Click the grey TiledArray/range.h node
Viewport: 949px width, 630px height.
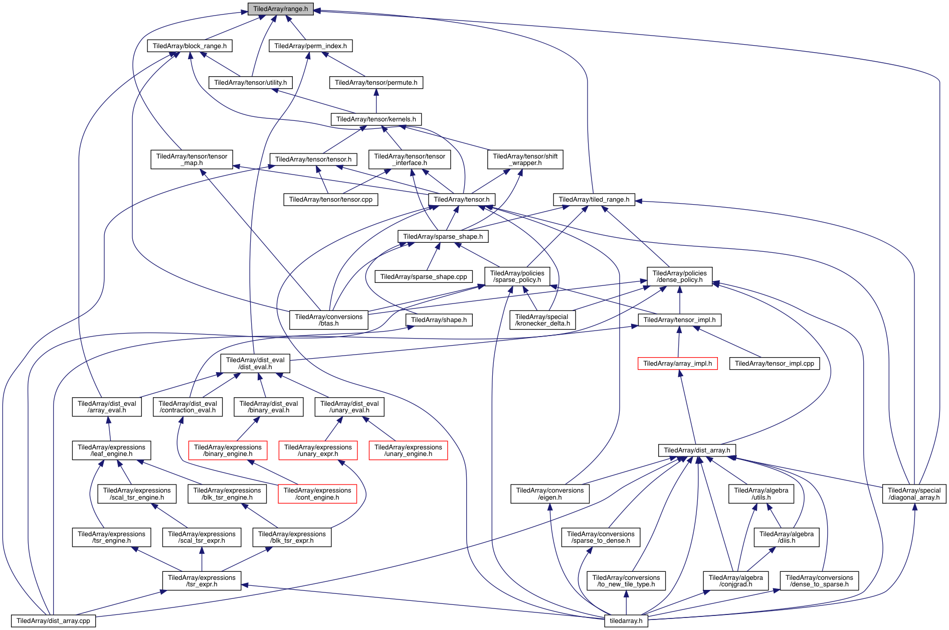pos(280,9)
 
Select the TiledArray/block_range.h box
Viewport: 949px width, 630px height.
pos(189,46)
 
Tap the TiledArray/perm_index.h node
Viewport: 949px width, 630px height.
pos(310,46)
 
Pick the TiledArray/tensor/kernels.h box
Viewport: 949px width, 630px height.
pos(376,119)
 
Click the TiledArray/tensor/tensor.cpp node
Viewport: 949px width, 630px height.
pos(331,200)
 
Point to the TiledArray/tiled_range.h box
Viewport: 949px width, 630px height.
pos(594,200)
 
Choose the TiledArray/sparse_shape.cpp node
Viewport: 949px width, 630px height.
pos(424,277)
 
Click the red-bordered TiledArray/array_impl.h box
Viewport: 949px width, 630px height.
pos(677,364)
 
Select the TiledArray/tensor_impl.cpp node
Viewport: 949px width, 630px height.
pos(775,364)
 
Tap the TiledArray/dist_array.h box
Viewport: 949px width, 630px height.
pos(697,450)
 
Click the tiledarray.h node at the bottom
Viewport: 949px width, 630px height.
pos(626,621)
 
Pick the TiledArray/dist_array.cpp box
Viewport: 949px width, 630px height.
pos(53,621)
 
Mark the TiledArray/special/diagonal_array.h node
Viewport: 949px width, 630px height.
pos(914,494)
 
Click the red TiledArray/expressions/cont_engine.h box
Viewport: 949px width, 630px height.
pos(317,494)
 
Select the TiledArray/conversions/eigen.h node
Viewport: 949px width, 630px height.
pos(550,494)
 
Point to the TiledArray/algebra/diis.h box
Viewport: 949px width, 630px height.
pos(786,538)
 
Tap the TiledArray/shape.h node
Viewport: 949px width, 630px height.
pos(439,320)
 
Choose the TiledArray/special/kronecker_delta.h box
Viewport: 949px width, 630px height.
pos(542,320)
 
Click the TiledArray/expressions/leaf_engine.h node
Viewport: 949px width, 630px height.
pos(111,450)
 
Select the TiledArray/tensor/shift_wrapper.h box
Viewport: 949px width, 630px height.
pos(525,160)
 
